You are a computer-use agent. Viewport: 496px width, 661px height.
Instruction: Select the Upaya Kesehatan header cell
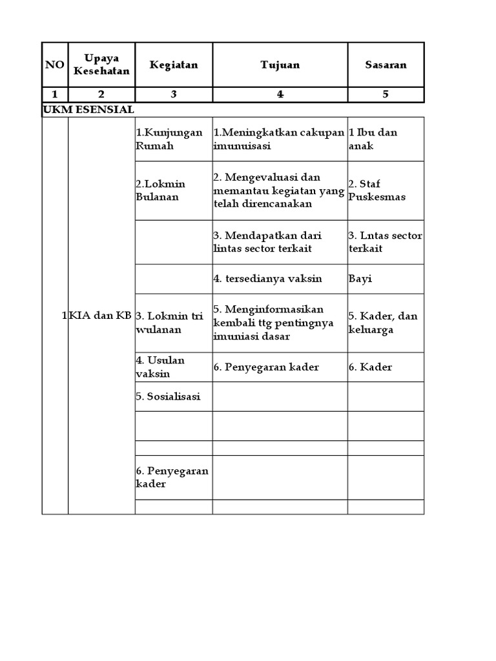[x=101, y=65]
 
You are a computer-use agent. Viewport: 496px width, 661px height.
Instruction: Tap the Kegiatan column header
[x=174, y=65]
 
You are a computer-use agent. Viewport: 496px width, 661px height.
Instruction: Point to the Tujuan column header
[x=280, y=65]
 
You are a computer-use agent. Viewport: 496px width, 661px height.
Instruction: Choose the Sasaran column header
[x=386, y=65]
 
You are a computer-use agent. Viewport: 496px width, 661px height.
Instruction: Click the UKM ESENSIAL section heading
[x=88, y=110]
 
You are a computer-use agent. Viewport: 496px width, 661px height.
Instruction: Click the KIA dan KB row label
[x=101, y=316]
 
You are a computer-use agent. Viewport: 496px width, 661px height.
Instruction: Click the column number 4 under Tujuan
[x=280, y=94]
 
